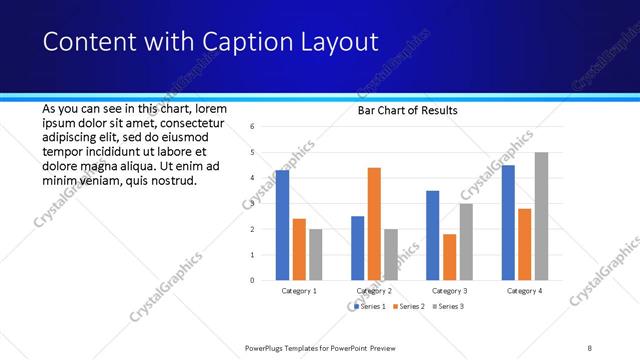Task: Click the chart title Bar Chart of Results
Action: [x=407, y=110]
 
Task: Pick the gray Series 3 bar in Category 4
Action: [x=541, y=216]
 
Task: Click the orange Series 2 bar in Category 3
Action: [x=449, y=257]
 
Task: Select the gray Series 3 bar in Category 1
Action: [x=315, y=254]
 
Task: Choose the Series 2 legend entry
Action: [x=408, y=306]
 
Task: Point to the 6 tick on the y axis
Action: [x=253, y=127]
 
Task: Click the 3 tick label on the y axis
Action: [x=253, y=204]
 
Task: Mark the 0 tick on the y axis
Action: [x=253, y=281]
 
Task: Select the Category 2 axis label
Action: [x=374, y=291]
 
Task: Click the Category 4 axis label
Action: [x=524, y=291]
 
